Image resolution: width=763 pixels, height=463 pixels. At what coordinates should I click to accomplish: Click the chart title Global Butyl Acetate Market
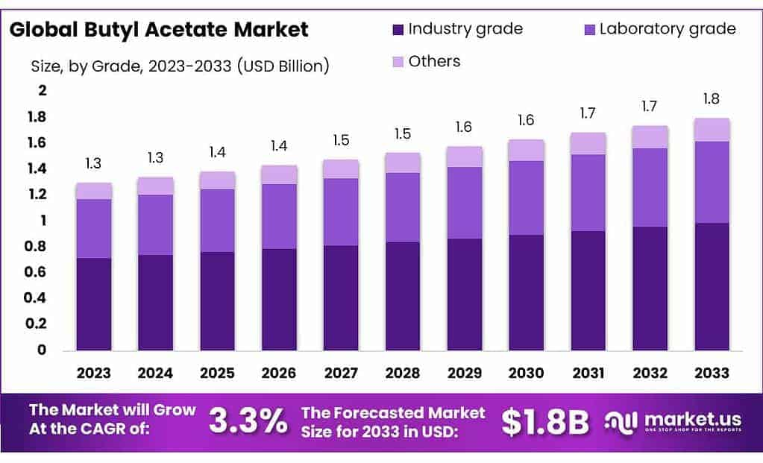pos(159,30)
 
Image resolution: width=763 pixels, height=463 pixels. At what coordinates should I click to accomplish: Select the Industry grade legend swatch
pos(398,30)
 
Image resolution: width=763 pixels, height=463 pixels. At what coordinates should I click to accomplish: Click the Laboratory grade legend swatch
pos(588,30)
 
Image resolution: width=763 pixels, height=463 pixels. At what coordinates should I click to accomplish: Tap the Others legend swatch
pos(398,62)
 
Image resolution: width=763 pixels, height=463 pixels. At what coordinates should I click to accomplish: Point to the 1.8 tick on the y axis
pos(37,117)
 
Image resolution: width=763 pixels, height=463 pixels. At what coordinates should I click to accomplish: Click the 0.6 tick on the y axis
pos(37,272)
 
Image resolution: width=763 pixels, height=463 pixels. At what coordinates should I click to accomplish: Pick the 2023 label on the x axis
pos(93,373)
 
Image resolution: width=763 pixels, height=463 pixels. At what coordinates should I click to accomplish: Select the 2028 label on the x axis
pos(403,373)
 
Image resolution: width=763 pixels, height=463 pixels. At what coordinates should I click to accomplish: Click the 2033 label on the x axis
pos(712,373)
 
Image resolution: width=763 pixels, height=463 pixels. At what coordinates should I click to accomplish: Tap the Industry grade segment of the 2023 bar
pos(93,304)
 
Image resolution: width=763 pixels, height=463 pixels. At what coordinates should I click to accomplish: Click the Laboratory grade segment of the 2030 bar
pos(527,198)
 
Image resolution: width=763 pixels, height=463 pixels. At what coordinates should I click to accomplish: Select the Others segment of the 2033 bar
pos(712,130)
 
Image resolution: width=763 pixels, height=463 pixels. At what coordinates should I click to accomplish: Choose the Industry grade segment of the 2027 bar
pos(341,297)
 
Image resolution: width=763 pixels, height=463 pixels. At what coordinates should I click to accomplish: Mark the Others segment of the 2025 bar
pos(217,180)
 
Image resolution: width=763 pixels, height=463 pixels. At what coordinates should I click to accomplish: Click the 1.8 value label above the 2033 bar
pos(712,99)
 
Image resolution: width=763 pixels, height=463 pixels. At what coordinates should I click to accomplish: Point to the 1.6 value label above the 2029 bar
pos(465,127)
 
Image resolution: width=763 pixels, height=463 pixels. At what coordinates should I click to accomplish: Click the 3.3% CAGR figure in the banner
pos(248,421)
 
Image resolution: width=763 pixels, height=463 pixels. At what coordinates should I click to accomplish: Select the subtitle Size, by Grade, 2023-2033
pos(180,66)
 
